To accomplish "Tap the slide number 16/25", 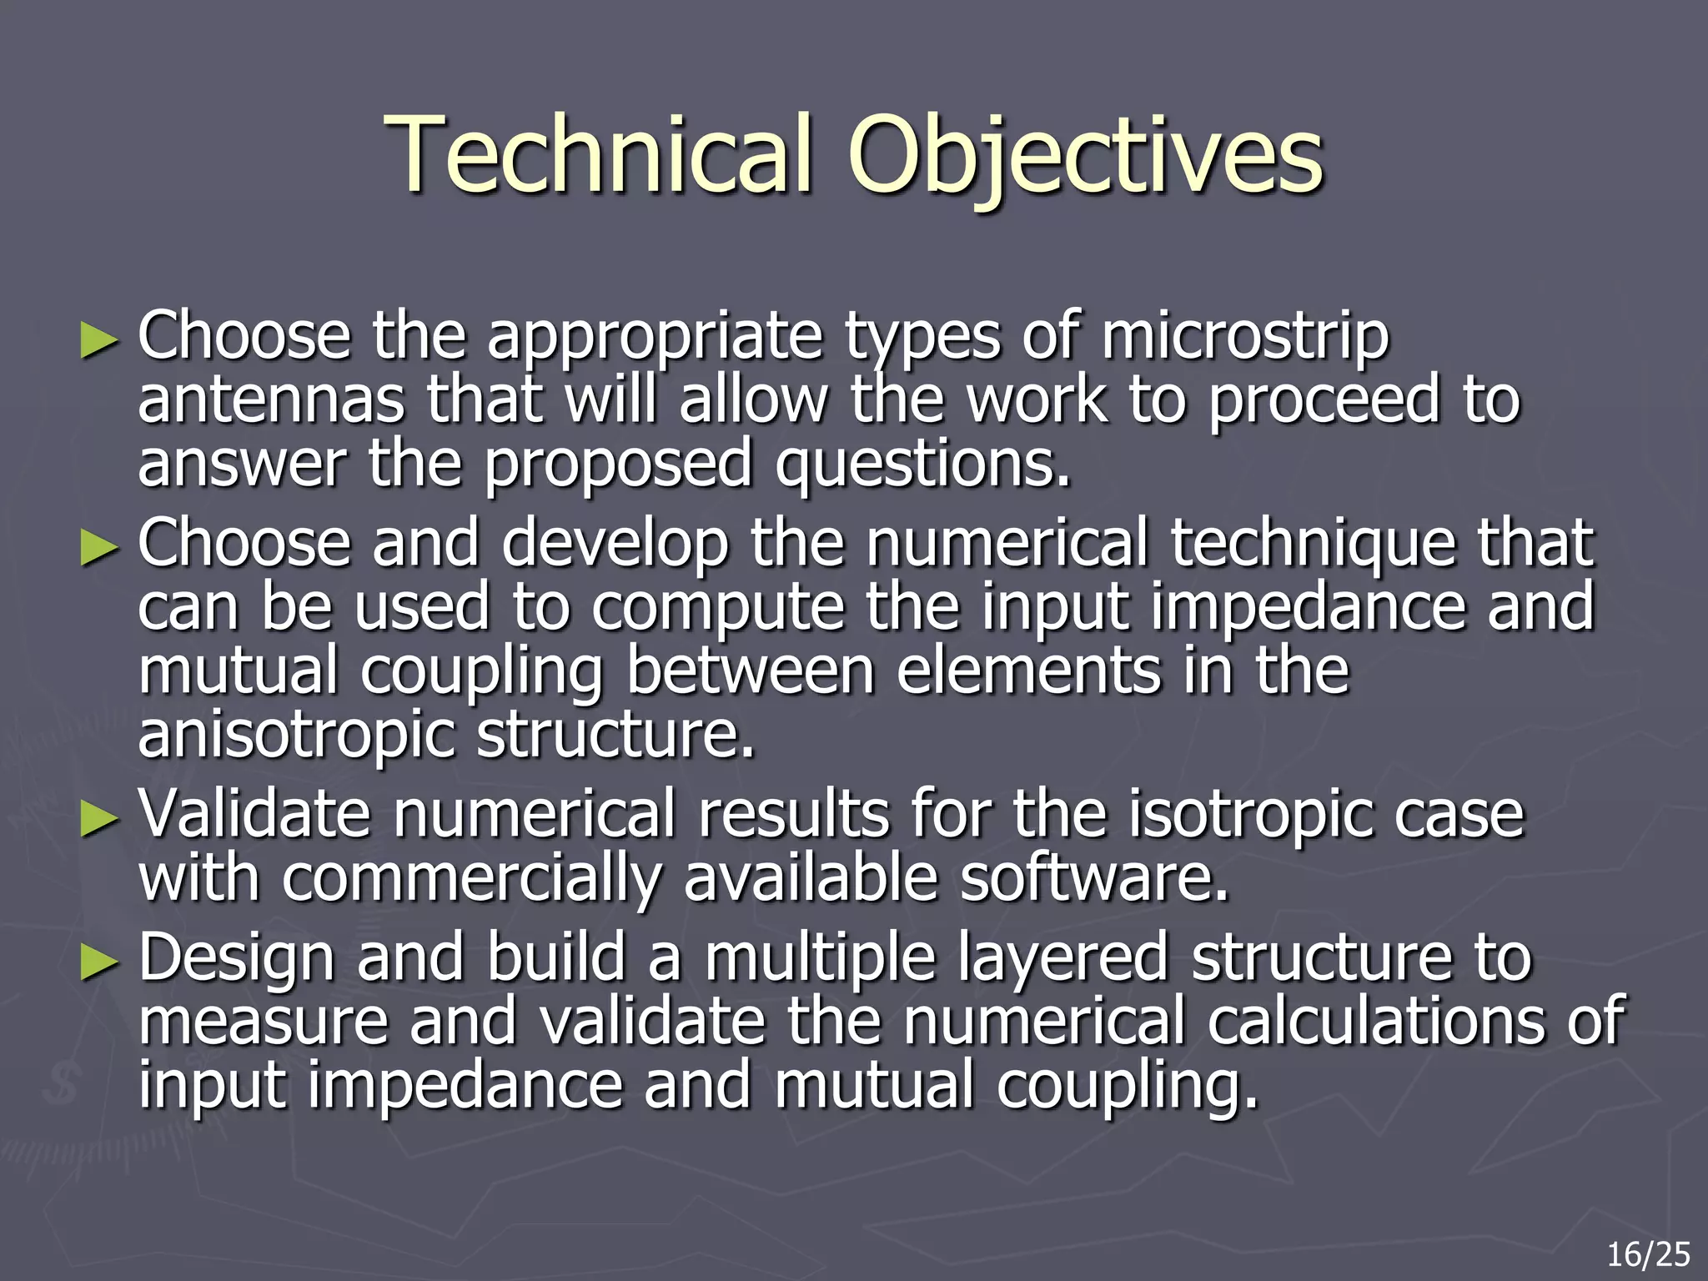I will (x=1648, y=1254).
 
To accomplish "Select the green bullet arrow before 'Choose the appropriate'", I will (x=98, y=341).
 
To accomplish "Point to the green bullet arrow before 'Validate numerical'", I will (x=98, y=820).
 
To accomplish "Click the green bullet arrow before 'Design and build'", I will (x=98, y=964).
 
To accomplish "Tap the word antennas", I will (x=271, y=400).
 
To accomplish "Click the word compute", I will (x=717, y=608).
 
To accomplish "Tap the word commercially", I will (x=472, y=881).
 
